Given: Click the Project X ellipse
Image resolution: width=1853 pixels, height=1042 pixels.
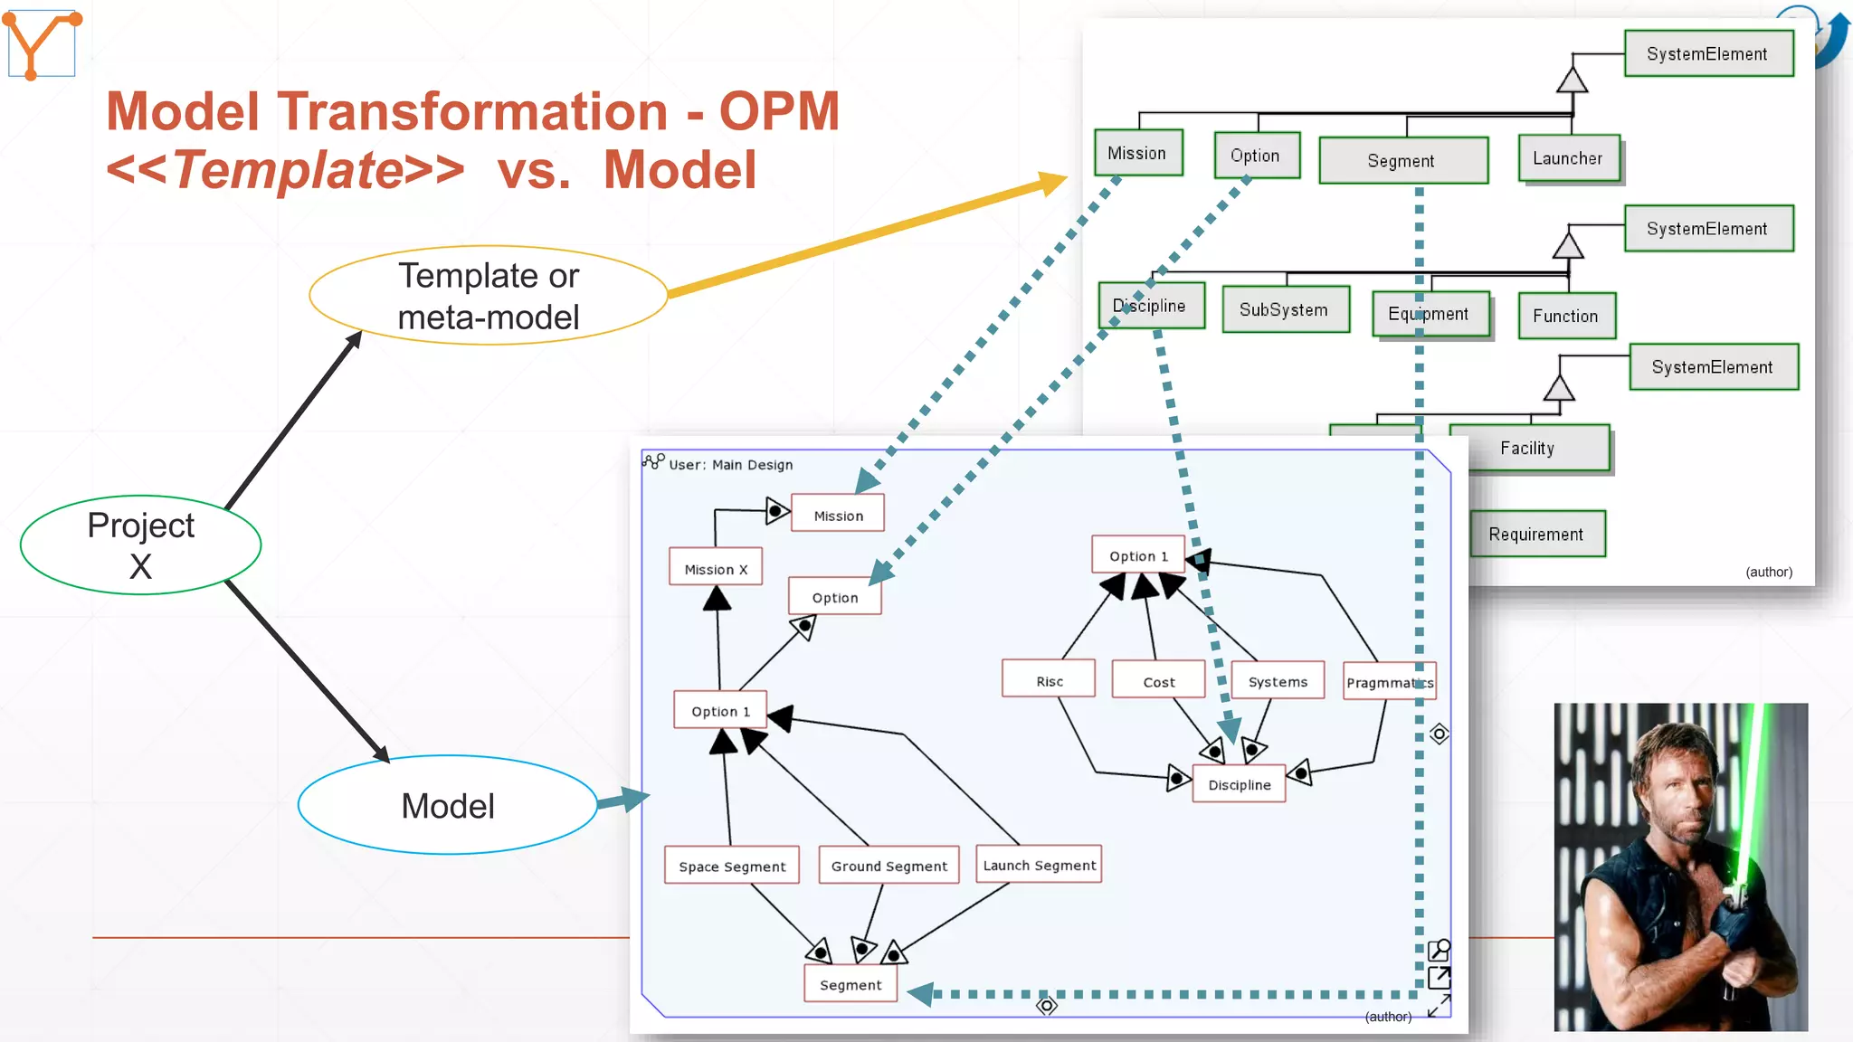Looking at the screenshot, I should pos(140,545).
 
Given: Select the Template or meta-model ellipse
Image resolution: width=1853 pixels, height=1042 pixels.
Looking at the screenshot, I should pos(488,296).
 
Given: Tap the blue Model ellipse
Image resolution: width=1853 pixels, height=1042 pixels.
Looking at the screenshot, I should pos(447,805).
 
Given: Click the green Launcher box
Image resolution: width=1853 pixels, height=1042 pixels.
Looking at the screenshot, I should pos(1568,158).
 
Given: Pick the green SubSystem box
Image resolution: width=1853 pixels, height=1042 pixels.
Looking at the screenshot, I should pos(1284,309).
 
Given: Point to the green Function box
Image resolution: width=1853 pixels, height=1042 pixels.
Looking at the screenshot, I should pos(1565,316).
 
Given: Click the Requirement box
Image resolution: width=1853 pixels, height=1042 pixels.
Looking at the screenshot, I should pos(1535,534).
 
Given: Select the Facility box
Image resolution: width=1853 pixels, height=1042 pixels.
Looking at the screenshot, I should pos(1527,448).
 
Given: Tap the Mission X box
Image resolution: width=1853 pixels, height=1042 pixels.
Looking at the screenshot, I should pos(716,569).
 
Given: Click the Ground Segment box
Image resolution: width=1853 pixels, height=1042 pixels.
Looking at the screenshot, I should pos(888,866).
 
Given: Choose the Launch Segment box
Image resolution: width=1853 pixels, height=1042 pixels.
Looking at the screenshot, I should pos(1039,865).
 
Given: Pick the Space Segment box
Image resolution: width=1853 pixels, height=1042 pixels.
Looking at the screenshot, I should pos(732,866).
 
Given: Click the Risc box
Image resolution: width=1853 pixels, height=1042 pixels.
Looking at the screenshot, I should pos(1049,680).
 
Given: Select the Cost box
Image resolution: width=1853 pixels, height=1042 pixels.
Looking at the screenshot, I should pos(1158,681).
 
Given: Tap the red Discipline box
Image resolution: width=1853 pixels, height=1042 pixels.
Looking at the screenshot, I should pos(1239,784).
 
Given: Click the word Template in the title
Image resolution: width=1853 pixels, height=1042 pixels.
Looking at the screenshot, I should pos(287,169).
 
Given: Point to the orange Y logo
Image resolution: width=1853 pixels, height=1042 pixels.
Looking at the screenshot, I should pos(41,43).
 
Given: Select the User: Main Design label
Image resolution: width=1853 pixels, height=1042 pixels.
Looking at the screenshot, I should pos(729,464).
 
